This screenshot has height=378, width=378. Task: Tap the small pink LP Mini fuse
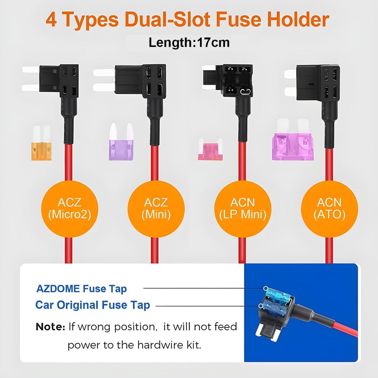[211, 153]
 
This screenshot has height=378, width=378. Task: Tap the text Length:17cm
[189, 42]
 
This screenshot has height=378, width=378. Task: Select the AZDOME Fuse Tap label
[82, 289]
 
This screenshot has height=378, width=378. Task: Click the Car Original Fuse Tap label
[92, 305]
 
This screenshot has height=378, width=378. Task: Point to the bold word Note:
[50, 327]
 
